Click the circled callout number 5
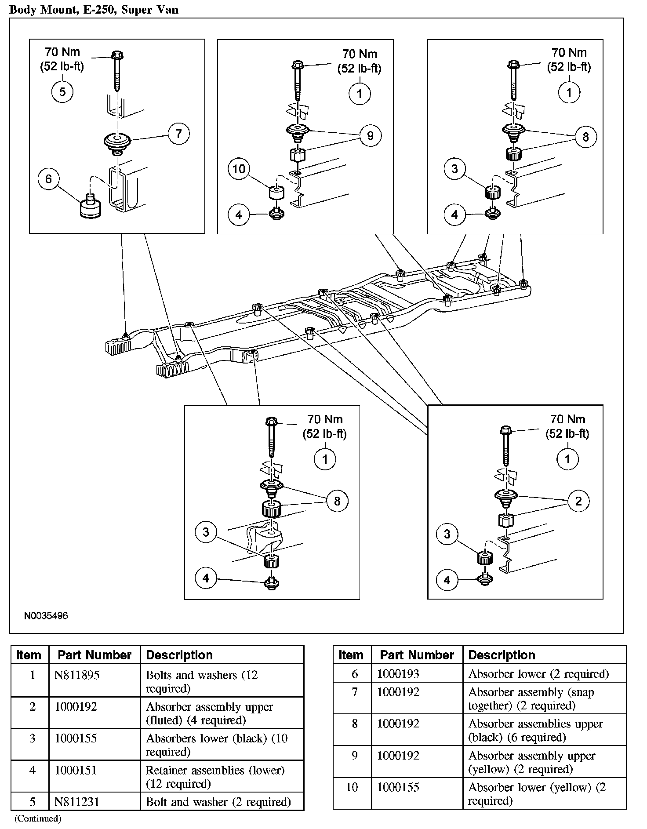(62, 92)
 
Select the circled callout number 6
(48, 179)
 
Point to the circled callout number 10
(239, 169)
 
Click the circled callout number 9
(370, 135)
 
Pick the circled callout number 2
(578, 501)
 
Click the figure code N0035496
(46, 616)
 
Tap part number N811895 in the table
(76, 675)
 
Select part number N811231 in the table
(76, 802)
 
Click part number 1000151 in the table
(76, 770)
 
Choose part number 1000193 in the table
(398, 673)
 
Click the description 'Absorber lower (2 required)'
(538, 673)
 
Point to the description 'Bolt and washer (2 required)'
(218, 802)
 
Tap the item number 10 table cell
(352, 787)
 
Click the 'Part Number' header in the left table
(95, 655)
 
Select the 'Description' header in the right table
(502, 655)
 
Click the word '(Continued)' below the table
(38, 819)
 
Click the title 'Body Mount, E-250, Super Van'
(94, 9)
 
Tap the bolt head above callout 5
(117, 55)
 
